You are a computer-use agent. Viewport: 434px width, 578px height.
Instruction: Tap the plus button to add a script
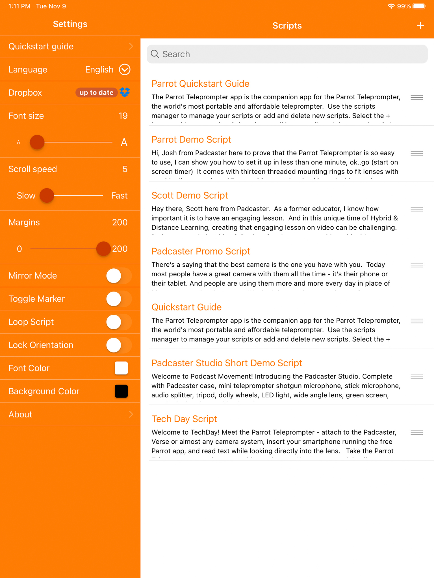click(420, 25)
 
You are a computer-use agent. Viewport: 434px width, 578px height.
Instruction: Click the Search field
click(287, 54)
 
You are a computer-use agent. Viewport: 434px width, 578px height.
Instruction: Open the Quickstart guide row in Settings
click(70, 47)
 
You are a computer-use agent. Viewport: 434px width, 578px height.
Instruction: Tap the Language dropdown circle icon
click(125, 69)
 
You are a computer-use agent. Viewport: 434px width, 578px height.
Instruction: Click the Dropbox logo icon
click(125, 92)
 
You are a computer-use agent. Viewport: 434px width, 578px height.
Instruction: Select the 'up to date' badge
click(96, 93)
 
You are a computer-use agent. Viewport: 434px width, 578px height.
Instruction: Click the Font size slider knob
click(37, 142)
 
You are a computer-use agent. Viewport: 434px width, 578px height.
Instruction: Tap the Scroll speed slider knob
click(47, 195)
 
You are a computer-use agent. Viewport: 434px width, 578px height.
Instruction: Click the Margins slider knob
click(103, 249)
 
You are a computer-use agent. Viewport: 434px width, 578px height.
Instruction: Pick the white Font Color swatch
click(121, 368)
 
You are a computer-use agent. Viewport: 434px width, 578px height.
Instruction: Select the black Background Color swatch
click(121, 391)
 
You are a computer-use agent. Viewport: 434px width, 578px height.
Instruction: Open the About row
click(70, 414)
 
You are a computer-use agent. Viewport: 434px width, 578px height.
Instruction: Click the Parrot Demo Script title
click(191, 139)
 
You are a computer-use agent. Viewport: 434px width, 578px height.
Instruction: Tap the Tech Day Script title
click(184, 419)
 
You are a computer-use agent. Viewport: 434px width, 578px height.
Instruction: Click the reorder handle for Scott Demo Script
click(416, 209)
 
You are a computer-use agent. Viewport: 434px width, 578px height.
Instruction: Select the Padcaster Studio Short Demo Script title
click(227, 363)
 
